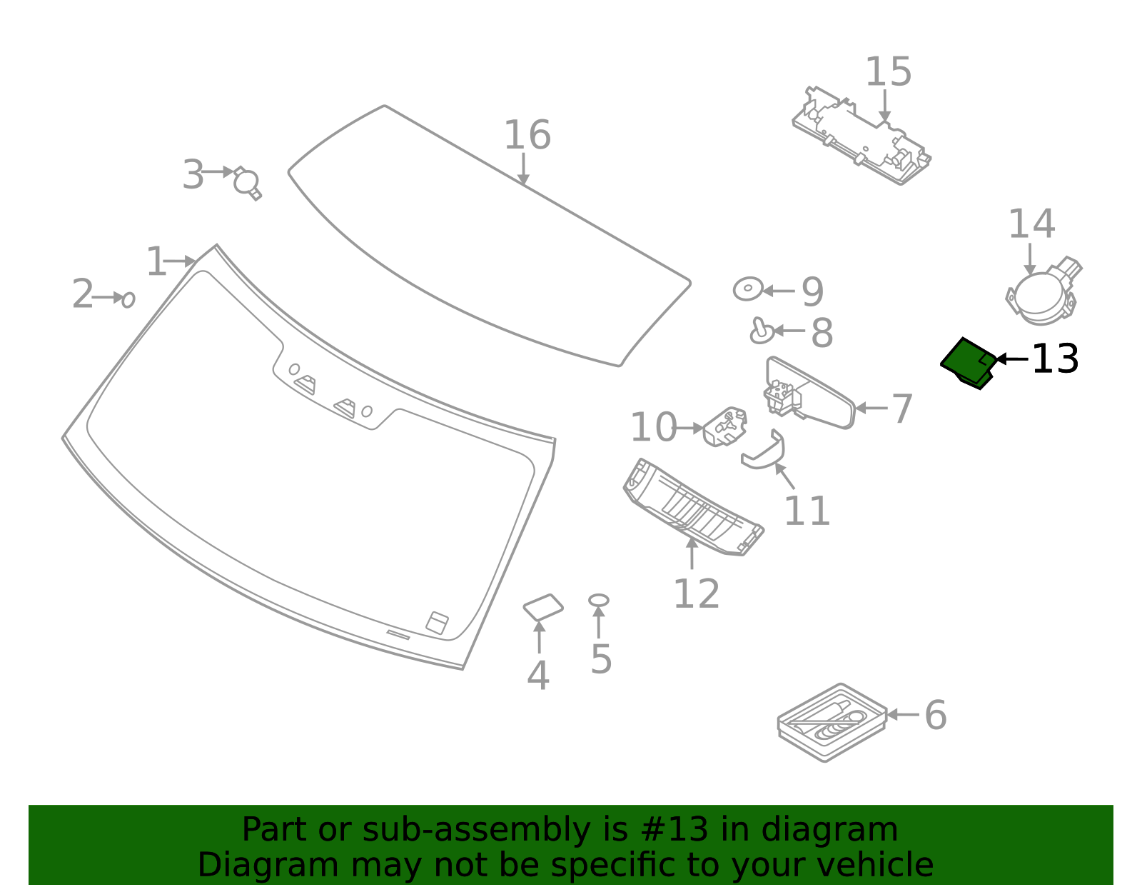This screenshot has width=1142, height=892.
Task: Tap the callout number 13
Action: (x=1055, y=359)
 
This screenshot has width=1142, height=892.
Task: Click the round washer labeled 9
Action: (x=747, y=289)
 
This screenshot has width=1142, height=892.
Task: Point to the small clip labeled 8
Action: (x=761, y=331)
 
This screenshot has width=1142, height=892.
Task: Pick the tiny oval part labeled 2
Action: (x=128, y=299)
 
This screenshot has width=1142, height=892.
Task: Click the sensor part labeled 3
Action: (x=247, y=183)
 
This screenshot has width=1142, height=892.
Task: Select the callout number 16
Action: (x=527, y=136)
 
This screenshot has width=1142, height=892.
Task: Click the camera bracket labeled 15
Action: (x=860, y=136)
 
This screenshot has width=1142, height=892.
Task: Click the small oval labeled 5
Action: (x=598, y=601)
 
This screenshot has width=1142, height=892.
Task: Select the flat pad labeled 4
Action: (x=543, y=607)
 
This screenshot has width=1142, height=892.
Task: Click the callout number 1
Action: (x=155, y=262)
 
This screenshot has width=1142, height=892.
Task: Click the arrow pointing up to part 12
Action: (x=692, y=553)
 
